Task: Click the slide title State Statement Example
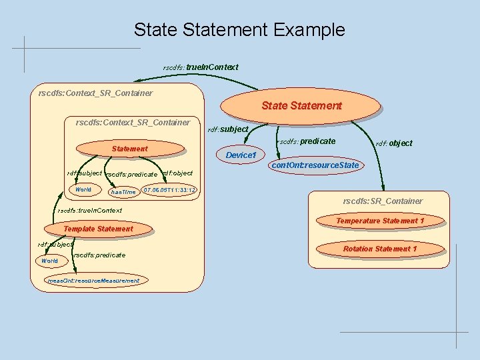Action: [x=239, y=30]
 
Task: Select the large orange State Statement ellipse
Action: [x=301, y=105]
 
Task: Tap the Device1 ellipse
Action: [x=241, y=155]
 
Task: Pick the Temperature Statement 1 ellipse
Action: [x=380, y=221]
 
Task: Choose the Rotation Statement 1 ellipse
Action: [x=380, y=249]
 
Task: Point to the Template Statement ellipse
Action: [x=98, y=229]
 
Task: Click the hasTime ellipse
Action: [x=123, y=192]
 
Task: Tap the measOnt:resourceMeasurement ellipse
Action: [x=94, y=281]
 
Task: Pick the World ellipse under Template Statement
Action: [x=49, y=261]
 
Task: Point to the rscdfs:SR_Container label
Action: [x=382, y=201]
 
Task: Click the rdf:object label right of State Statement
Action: [x=394, y=143]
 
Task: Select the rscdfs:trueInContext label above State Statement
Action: [x=201, y=67]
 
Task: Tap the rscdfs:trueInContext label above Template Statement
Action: [x=90, y=211]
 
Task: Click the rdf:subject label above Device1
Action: [x=229, y=129]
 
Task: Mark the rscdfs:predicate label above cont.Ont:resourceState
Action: [x=307, y=141]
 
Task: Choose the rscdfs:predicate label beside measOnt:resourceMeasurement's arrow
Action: [x=99, y=255]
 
